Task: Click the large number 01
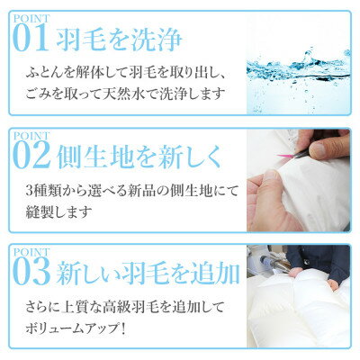tap(31, 38)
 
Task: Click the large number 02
tap(31, 157)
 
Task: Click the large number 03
tap(31, 273)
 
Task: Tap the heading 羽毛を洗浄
tap(119, 40)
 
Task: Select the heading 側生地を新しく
tap(139, 157)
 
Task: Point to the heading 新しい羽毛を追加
tap(148, 273)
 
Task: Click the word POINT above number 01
tap(31, 19)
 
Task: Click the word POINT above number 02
tap(31, 136)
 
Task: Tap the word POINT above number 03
tap(31, 252)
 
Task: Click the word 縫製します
tap(58, 211)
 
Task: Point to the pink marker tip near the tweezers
tap(278, 156)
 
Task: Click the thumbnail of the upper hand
tap(323, 144)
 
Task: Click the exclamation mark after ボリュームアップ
tap(122, 328)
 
